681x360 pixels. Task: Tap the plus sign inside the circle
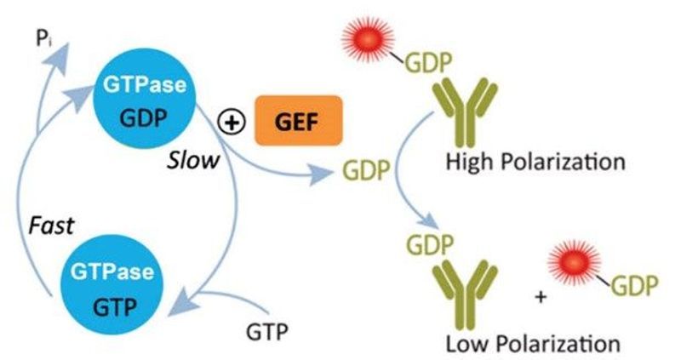pos(229,123)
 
